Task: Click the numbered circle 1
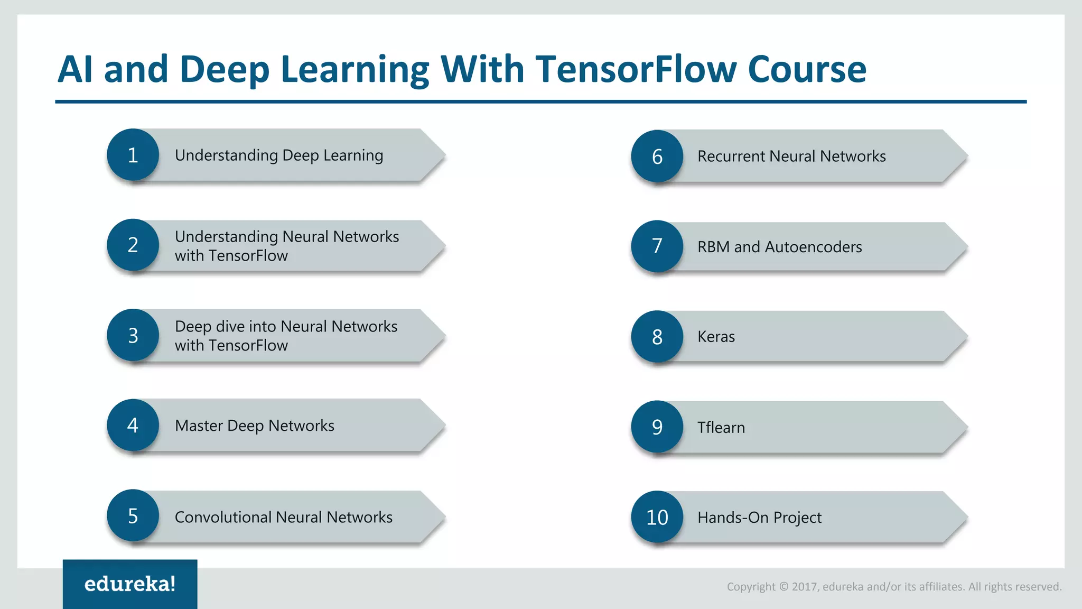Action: pos(133,155)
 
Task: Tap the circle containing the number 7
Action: pos(657,246)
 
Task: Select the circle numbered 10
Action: pos(657,517)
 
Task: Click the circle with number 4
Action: pos(133,425)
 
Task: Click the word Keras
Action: pos(716,337)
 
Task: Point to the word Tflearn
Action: pos(721,427)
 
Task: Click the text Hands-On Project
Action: pos(759,518)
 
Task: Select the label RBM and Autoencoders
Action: pos(779,247)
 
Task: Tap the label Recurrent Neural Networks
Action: pos(791,156)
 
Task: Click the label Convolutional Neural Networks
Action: pos(283,517)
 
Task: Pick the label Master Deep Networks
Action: pos(254,426)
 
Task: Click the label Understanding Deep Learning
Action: pos(279,155)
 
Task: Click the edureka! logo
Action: pos(130,584)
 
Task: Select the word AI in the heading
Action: pos(76,69)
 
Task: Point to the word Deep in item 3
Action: pos(193,327)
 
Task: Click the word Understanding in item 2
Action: pos(226,237)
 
